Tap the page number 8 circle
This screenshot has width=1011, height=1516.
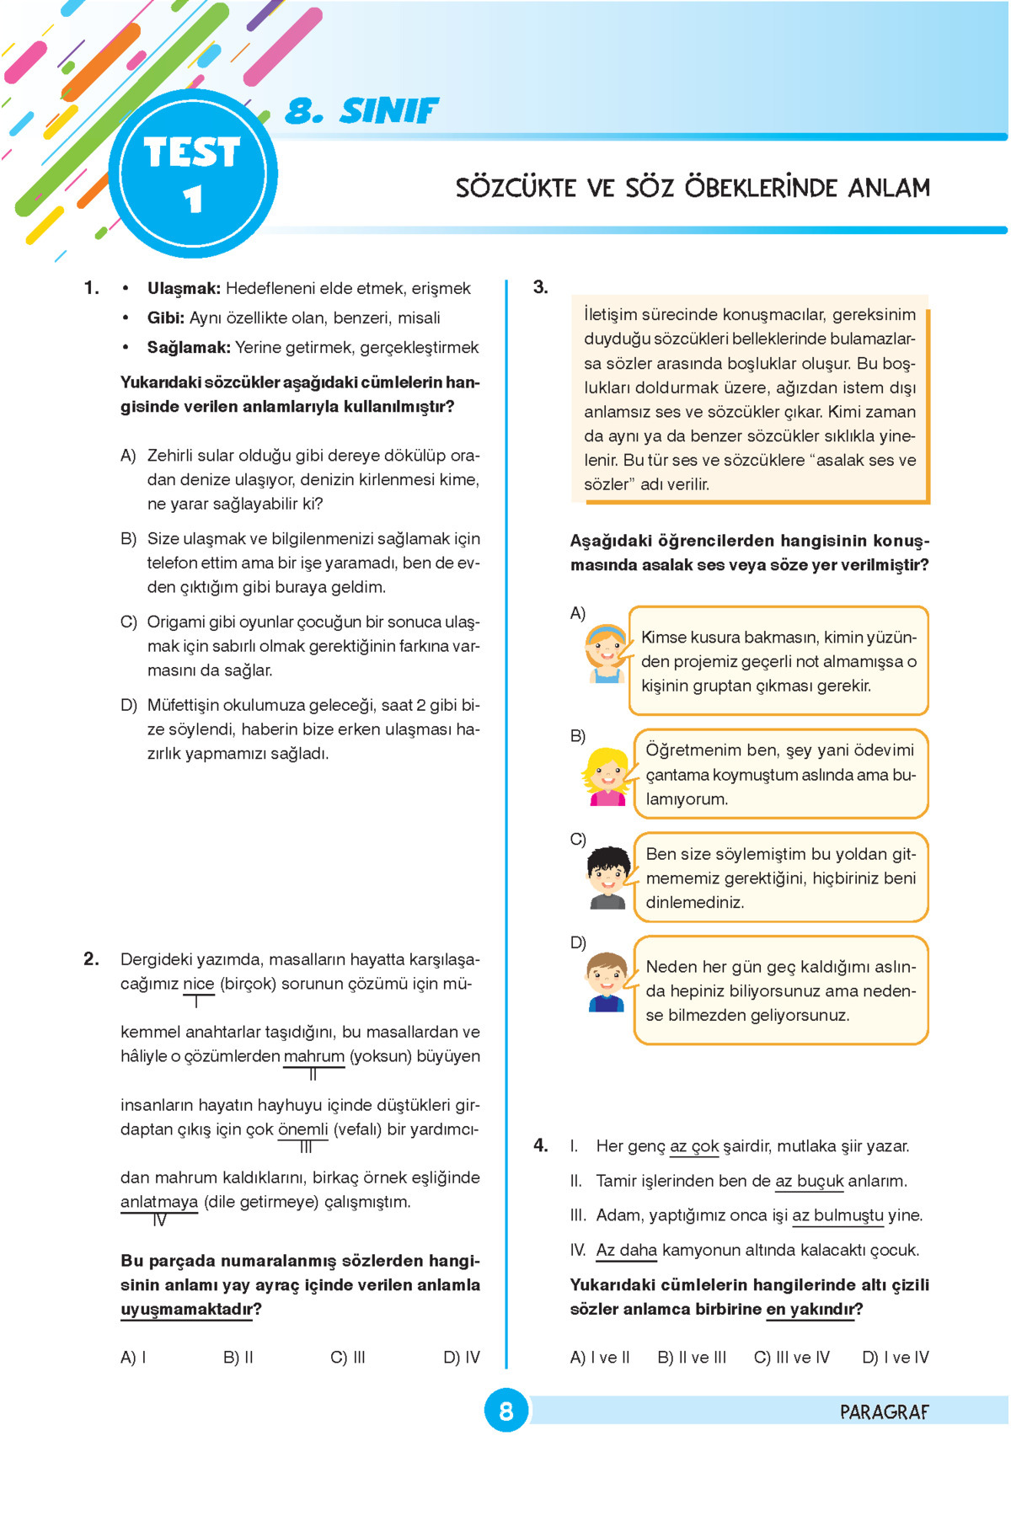point(505,1411)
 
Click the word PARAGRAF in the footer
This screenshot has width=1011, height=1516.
point(884,1412)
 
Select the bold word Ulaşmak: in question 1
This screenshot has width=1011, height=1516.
point(184,289)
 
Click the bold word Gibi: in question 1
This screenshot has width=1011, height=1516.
point(166,318)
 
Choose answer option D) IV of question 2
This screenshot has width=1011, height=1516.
point(461,1358)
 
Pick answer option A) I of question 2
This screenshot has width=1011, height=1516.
point(133,1358)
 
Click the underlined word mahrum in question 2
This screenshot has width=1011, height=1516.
point(313,1056)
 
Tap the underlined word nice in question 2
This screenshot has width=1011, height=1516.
point(198,984)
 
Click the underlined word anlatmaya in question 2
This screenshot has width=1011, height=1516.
point(159,1202)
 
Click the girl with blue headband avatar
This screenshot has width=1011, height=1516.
point(607,653)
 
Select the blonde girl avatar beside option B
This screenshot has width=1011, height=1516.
point(607,776)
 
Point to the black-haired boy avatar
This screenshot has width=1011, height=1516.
point(607,878)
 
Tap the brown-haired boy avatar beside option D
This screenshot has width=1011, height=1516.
point(607,981)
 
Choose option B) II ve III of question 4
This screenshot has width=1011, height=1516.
point(692,1358)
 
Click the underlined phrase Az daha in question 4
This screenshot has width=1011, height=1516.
point(626,1251)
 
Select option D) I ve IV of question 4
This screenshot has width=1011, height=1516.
point(896,1358)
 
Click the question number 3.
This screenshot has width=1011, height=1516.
point(541,288)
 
